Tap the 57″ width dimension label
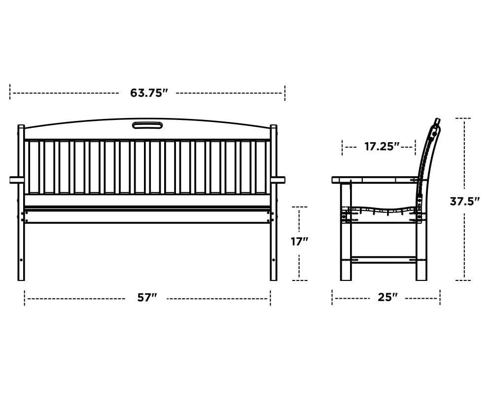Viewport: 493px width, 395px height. [147, 297]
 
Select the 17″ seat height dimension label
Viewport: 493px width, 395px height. [299, 241]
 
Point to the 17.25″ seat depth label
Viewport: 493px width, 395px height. [382, 147]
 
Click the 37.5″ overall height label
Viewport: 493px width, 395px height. [465, 201]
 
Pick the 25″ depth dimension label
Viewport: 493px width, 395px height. [387, 297]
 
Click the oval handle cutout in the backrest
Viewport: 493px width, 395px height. [147, 125]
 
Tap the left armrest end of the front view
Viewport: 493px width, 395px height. [14, 180]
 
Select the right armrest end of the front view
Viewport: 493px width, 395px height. [281, 180]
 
